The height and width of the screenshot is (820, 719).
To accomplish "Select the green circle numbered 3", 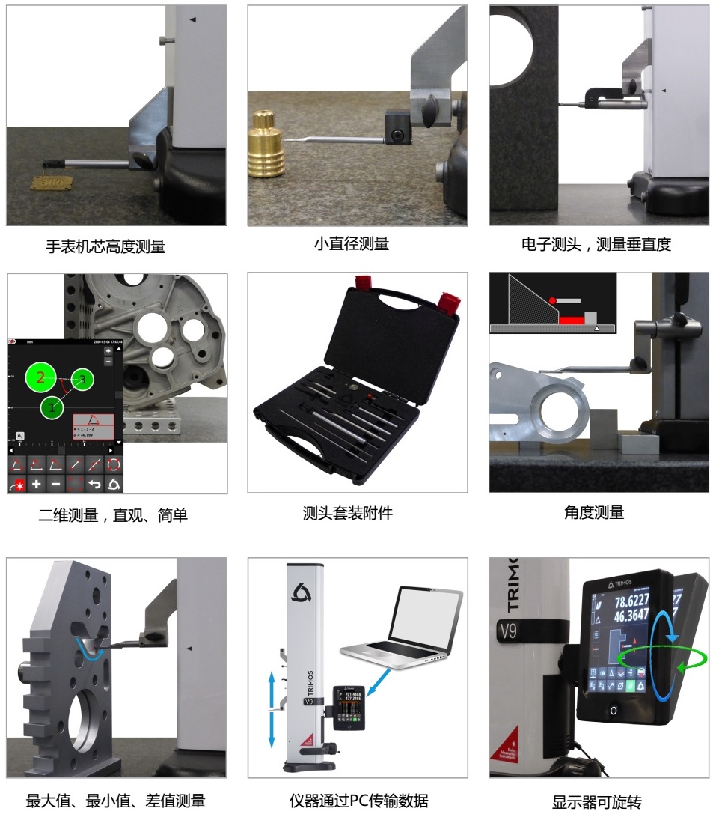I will pos(83,380).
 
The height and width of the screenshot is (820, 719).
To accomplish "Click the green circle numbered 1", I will pos(52,407).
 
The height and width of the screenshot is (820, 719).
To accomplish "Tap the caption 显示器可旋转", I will pos(596,802).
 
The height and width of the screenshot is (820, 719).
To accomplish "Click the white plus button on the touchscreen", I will pos(36,484).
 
